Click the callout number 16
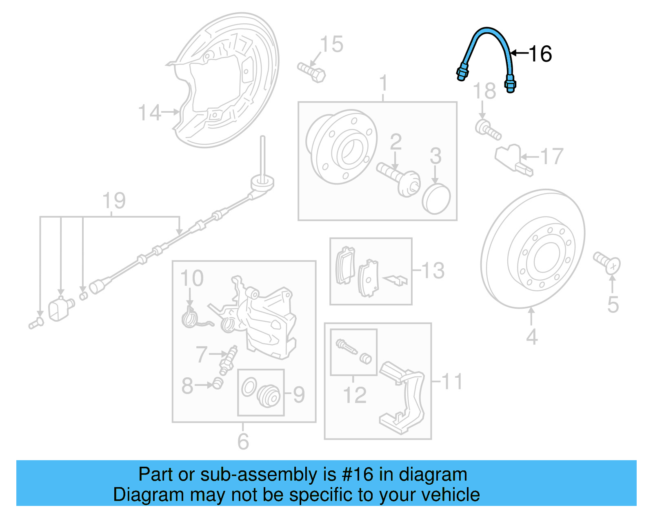540,53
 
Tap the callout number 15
331,44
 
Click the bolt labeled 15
312,72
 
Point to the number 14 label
149,113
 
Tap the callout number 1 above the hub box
383,83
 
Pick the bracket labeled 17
513,160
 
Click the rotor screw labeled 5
607,262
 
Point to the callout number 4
531,337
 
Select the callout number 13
433,270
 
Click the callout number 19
114,201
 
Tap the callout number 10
192,278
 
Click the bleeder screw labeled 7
229,359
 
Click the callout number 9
299,394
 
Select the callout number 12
354,395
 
